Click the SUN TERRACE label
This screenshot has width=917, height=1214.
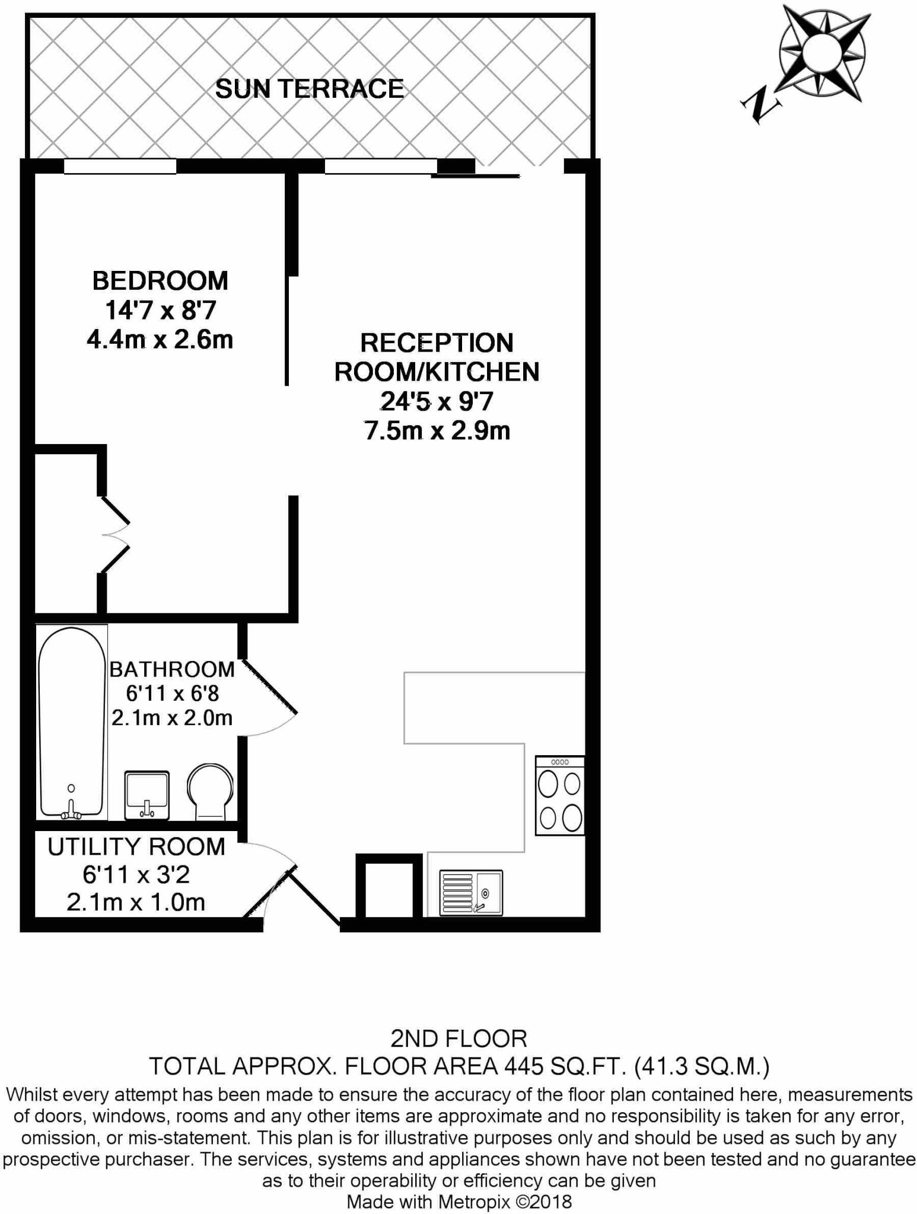[309, 89]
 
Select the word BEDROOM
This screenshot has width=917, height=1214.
[160, 281]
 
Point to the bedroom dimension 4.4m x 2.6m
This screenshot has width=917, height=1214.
[160, 340]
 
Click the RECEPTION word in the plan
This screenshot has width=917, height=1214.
[437, 343]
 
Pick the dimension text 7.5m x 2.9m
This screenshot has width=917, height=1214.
[437, 431]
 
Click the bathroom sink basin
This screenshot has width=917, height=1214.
[147, 794]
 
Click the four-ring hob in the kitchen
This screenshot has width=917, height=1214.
[559, 796]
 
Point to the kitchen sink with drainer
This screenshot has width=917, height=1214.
[471, 892]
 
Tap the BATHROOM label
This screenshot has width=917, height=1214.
[172, 669]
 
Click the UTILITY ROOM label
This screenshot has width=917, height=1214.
[136, 847]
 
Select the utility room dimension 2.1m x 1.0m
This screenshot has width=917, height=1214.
[136, 902]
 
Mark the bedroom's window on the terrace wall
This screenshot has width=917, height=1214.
[120, 167]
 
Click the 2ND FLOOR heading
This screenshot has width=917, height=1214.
[458, 1039]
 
